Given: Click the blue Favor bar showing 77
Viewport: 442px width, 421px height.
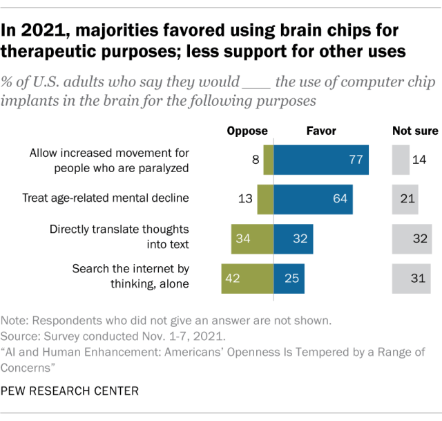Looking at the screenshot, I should [x=321, y=160].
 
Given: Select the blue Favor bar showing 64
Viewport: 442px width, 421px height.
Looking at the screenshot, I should [x=314, y=199].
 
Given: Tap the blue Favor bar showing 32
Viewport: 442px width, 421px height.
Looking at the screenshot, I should [x=293, y=238].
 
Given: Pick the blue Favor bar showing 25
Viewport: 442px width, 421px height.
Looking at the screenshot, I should [x=289, y=278].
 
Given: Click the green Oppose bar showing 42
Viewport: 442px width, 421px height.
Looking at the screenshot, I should [x=247, y=278].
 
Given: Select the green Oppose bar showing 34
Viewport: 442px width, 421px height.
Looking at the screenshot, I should [x=252, y=238].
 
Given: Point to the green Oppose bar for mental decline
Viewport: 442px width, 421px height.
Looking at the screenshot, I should [x=265, y=199].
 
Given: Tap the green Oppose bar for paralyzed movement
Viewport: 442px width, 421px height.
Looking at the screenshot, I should [x=269, y=160].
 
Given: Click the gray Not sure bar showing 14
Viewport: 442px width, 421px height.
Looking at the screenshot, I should [x=400, y=160].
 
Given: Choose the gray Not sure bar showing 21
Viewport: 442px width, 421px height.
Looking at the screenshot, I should [x=403, y=199].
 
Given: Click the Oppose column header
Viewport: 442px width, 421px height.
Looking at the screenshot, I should [x=247, y=131].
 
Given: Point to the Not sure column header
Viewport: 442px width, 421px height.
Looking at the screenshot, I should [x=412, y=131].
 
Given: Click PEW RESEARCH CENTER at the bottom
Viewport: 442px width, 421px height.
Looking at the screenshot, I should [x=70, y=391].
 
